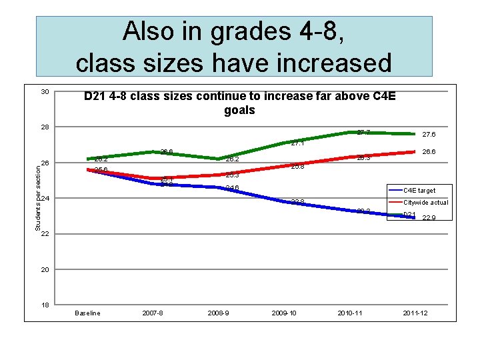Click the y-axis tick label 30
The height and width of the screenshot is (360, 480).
pos(44,91)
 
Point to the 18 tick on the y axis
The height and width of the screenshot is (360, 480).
pos(44,305)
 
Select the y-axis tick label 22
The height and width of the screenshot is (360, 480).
pos(44,234)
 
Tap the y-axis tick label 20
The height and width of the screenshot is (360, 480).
pos(44,270)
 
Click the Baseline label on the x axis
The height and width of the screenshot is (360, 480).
pos(87,313)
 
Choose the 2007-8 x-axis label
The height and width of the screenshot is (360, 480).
pos(153,313)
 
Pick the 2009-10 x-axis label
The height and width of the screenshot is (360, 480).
pos(284,313)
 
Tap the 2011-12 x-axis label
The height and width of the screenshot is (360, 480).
pos(415,313)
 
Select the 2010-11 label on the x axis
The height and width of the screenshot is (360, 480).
pos(350,313)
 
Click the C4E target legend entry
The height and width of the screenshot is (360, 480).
pos(419,191)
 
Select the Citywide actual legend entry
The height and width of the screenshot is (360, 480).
pos(425,203)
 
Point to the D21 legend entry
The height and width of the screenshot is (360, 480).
pos(409,215)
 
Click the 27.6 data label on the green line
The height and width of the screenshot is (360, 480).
pos(429,134)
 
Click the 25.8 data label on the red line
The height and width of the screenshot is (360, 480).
pos(297,167)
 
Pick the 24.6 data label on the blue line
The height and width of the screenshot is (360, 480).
pos(232,188)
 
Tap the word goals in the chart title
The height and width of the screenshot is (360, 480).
pos(239,110)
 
